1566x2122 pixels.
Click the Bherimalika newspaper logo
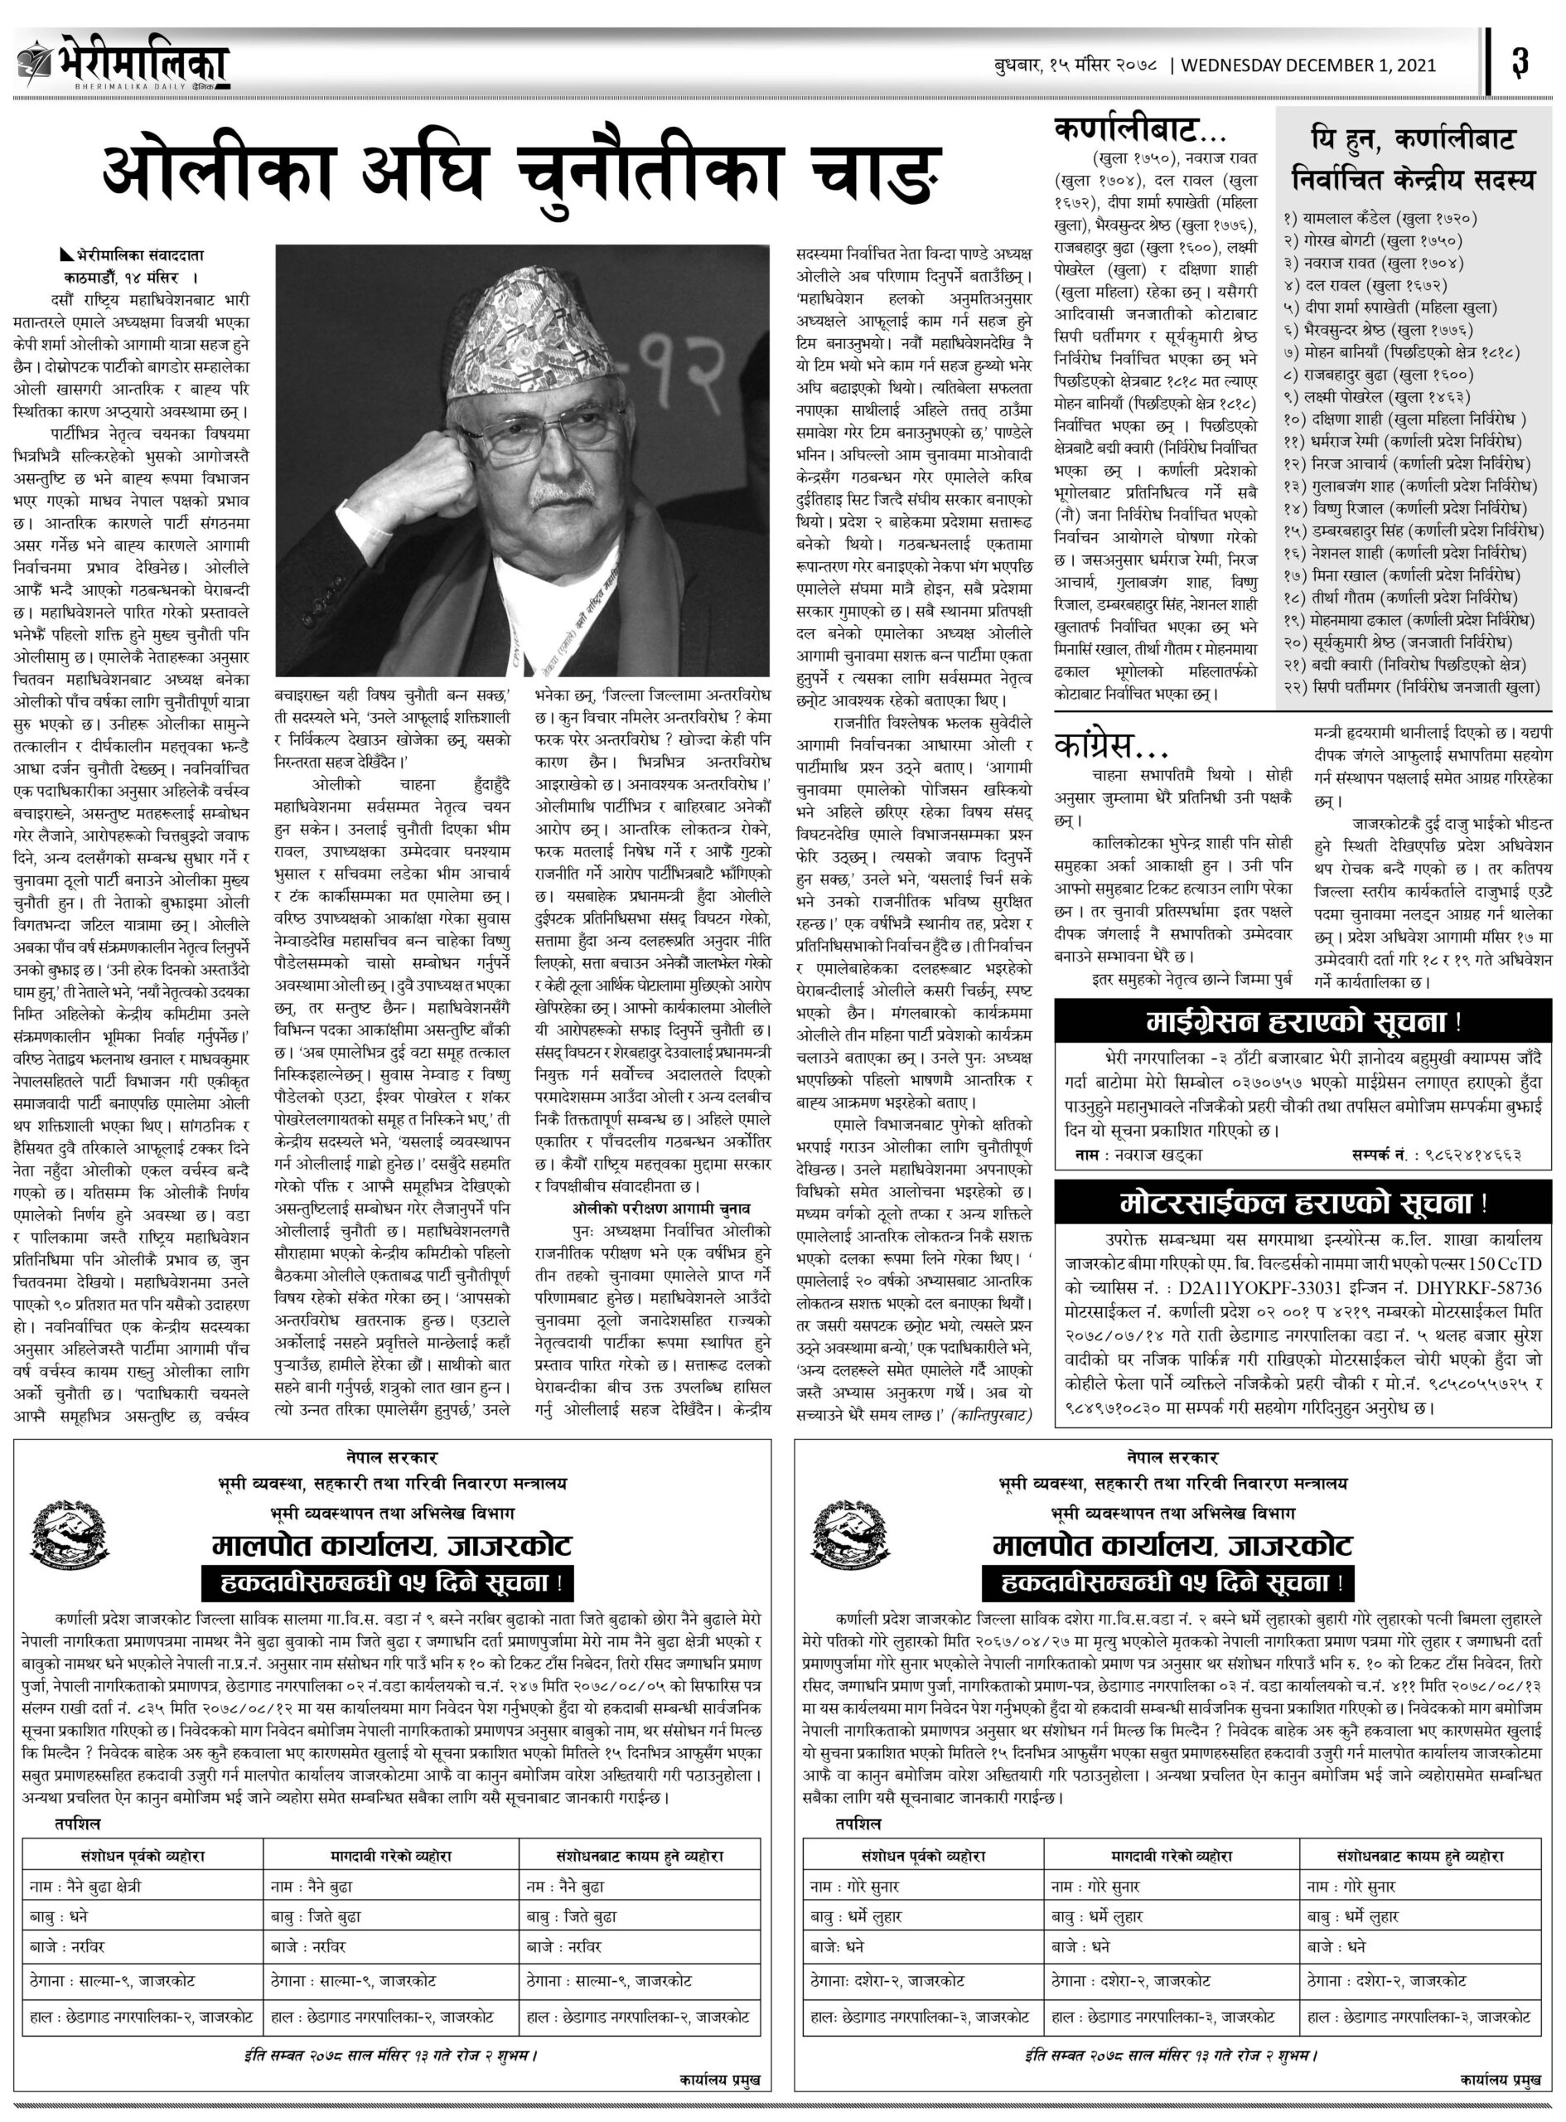pyautogui.click(x=123, y=64)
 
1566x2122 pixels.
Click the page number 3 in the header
pyautogui.click(x=1520, y=64)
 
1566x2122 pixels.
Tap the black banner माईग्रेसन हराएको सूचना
pyautogui.click(x=1303, y=1022)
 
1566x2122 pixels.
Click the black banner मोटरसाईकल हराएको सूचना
pyautogui.click(x=1303, y=1204)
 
